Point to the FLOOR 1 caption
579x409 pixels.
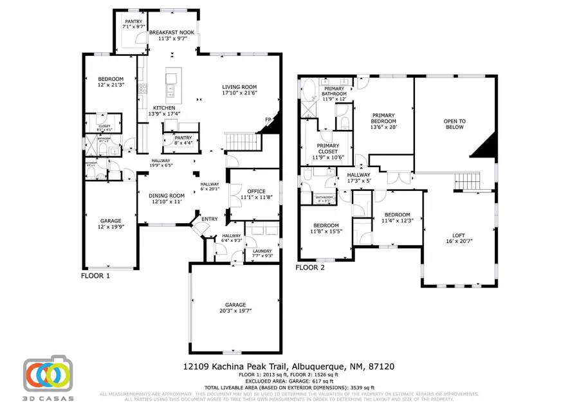[95, 275]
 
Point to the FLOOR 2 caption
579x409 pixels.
[311, 267]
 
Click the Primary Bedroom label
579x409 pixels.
[383, 120]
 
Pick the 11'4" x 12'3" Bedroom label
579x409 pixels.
[397, 218]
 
